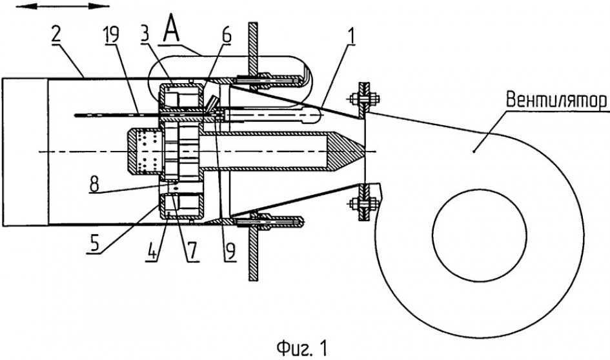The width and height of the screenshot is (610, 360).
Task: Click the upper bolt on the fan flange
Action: (356, 100)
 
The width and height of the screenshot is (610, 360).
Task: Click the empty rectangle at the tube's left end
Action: (25, 151)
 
